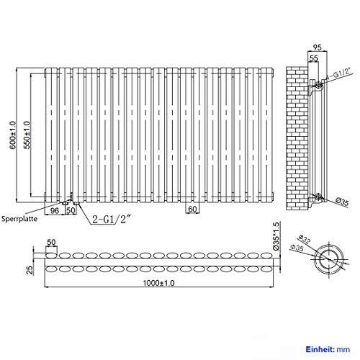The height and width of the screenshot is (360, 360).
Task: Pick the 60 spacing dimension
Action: click(x=192, y=210)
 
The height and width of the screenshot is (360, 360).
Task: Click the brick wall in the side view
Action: click(x=297, y=137)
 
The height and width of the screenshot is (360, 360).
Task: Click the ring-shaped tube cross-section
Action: click(x=333, y=260)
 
